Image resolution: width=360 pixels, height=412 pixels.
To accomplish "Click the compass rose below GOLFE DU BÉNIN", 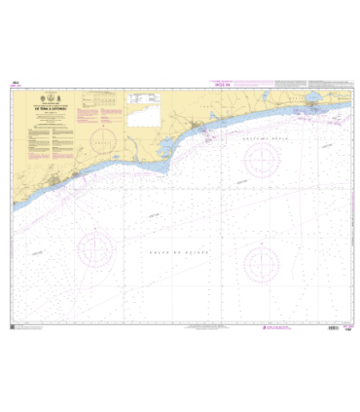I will (262, 161).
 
